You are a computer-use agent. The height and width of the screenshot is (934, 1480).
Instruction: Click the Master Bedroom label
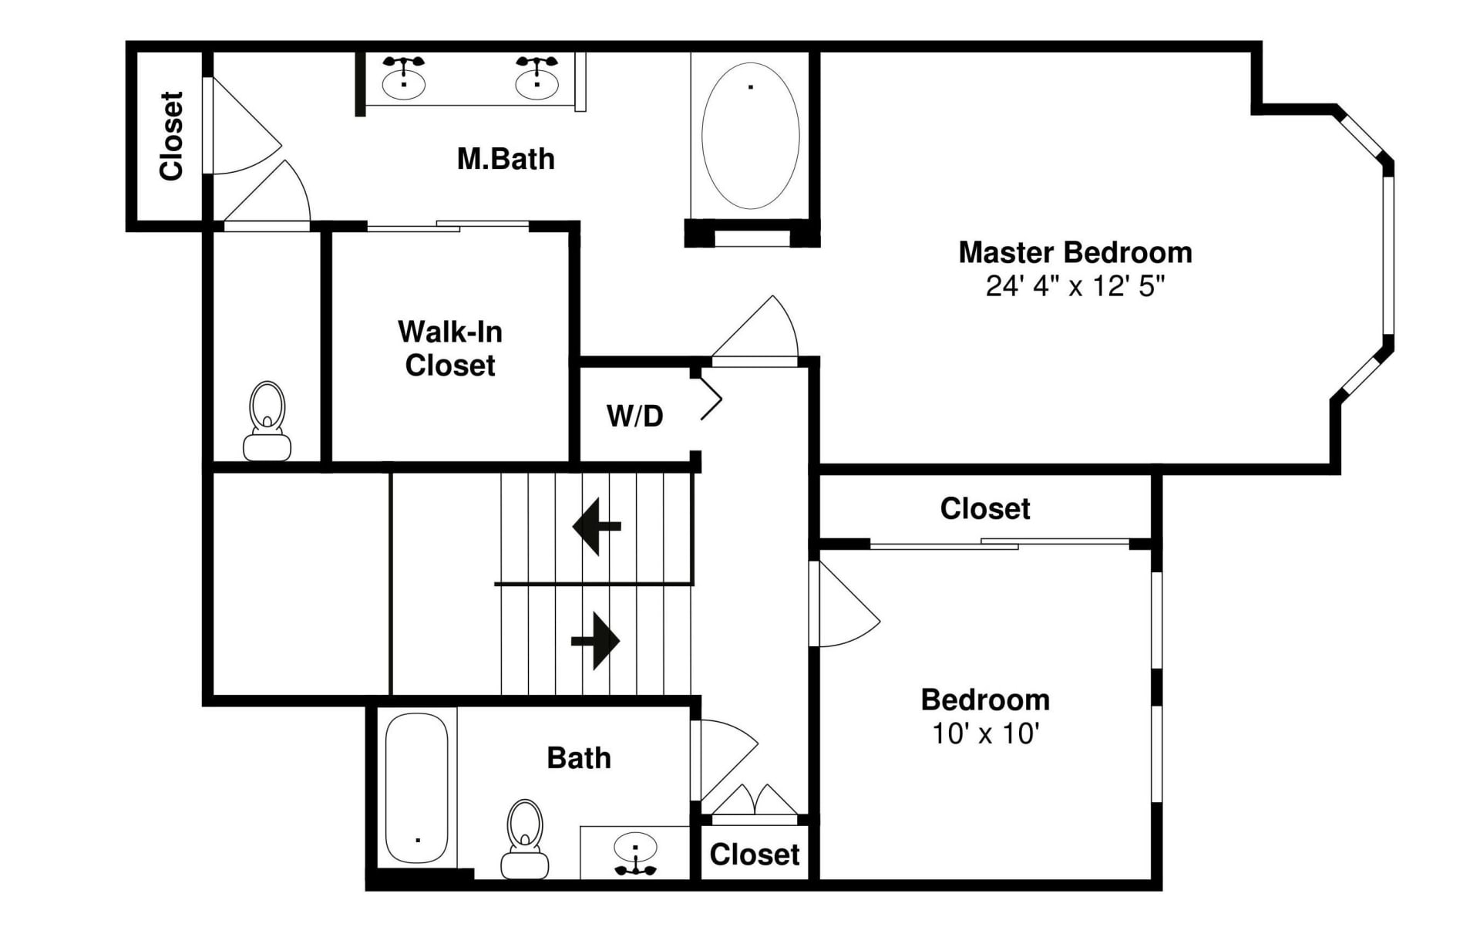(1075, 253)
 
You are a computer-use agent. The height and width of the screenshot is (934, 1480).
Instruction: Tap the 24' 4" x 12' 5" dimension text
(1075, 286)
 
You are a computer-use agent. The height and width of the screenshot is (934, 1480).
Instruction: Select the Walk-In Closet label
(450, 349)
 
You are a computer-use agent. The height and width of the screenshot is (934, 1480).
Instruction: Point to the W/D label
(634, 416)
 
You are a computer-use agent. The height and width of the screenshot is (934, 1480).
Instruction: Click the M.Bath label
(506, 159)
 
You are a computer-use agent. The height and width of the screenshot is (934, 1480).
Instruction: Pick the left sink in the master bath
(403, 80)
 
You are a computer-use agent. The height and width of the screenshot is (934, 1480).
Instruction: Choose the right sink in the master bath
(536, 80)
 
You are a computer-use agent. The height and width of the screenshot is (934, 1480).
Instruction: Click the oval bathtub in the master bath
(750, 136)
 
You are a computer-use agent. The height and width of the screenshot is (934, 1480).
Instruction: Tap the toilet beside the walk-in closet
(267, 422)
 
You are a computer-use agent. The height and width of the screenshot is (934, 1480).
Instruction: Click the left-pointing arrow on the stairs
(596, 527)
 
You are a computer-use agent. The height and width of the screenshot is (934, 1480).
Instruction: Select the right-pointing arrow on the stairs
(596, 641)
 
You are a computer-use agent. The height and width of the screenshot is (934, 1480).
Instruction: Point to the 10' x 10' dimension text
(985, 733)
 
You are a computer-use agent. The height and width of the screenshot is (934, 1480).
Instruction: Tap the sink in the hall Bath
(635, 853)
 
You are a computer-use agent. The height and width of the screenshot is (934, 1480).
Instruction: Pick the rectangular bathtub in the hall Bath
(416, 788)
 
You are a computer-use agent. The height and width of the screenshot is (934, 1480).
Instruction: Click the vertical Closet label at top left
(171, 137)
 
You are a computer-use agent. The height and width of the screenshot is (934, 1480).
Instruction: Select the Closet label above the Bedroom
(984, 509)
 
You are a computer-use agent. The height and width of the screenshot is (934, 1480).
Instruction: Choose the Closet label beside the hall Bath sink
(754, 855)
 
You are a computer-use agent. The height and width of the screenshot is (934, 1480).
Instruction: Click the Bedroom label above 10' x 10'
(985, 700)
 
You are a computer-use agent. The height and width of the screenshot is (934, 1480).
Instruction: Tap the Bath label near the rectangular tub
(578, 758)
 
